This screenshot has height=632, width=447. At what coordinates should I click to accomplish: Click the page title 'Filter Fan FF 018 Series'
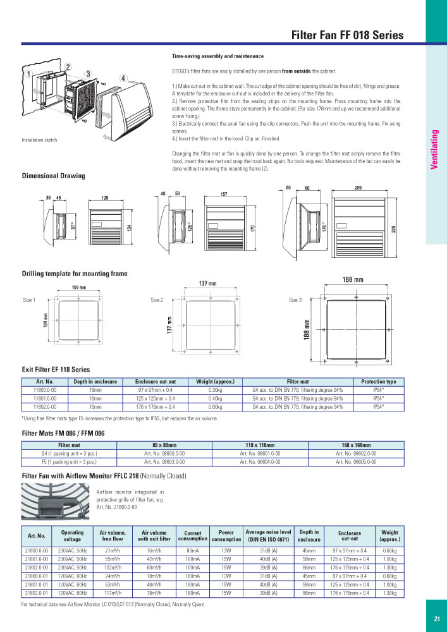point(346,35)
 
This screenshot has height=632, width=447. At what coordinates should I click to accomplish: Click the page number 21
point(436,619)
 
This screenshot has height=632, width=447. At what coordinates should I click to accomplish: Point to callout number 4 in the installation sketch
point(124,78)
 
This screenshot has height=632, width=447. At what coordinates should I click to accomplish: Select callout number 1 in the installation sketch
point(28,73)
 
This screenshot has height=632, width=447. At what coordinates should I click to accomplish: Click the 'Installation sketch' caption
point(39,140)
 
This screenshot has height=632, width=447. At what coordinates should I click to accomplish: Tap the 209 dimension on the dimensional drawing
point(358,188)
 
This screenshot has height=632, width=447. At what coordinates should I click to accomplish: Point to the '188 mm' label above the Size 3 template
point(353,279)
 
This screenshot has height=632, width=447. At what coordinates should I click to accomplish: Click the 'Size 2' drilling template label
point(157,300)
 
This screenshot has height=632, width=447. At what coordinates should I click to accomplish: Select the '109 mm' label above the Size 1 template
point(78,288)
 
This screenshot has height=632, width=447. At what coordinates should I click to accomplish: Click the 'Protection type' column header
point(378,382)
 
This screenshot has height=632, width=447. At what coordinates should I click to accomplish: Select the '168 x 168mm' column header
point(355,445)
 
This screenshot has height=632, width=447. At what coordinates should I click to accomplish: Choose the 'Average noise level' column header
point(268,535)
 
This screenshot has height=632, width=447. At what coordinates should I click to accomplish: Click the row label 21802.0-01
point(36,593)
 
